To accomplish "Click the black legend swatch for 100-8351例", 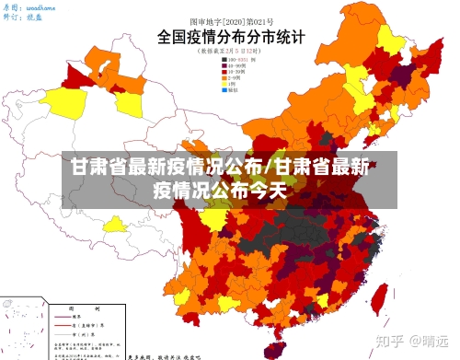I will coord(224,61).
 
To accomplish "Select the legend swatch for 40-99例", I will coord(224,67).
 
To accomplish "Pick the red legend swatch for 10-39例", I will coord(224,73).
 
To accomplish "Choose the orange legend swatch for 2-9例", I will coord(224,79).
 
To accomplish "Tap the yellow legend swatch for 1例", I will coord(224,86).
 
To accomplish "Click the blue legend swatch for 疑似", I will coord(224,92).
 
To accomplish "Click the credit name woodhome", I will coord(41,6).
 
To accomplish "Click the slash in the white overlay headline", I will coord(269,168).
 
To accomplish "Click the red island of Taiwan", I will coord(378,296).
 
